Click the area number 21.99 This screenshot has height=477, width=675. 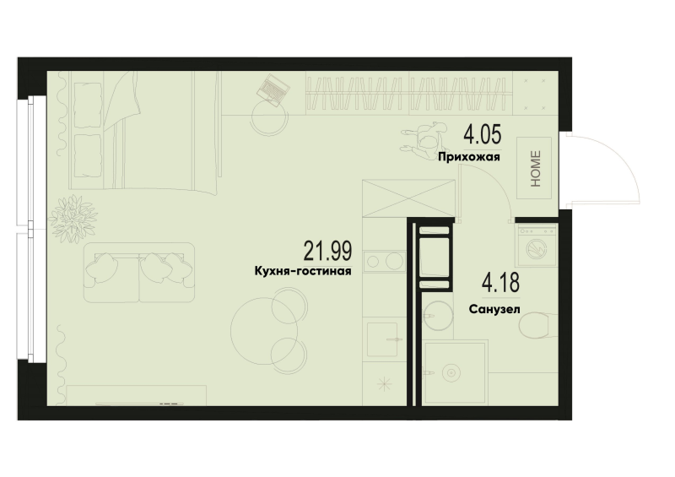click(327, 252)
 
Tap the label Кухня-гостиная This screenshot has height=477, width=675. click(303, 271)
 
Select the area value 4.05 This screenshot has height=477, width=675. click(482, 135)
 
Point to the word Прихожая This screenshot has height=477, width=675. click(469, 157)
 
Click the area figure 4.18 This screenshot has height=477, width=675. click(500, 283)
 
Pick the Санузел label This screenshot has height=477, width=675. click(494, 309)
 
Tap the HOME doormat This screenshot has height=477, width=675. click(534, 168)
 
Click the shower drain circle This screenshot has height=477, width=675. click(451, 372)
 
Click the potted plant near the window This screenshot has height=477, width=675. click(72, 219)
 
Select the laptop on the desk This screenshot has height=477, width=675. click(273, 89)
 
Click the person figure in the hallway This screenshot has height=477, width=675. click(424, 141)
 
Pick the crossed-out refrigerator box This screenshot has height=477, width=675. click(408, 198)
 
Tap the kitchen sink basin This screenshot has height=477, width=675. click(382, 339)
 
